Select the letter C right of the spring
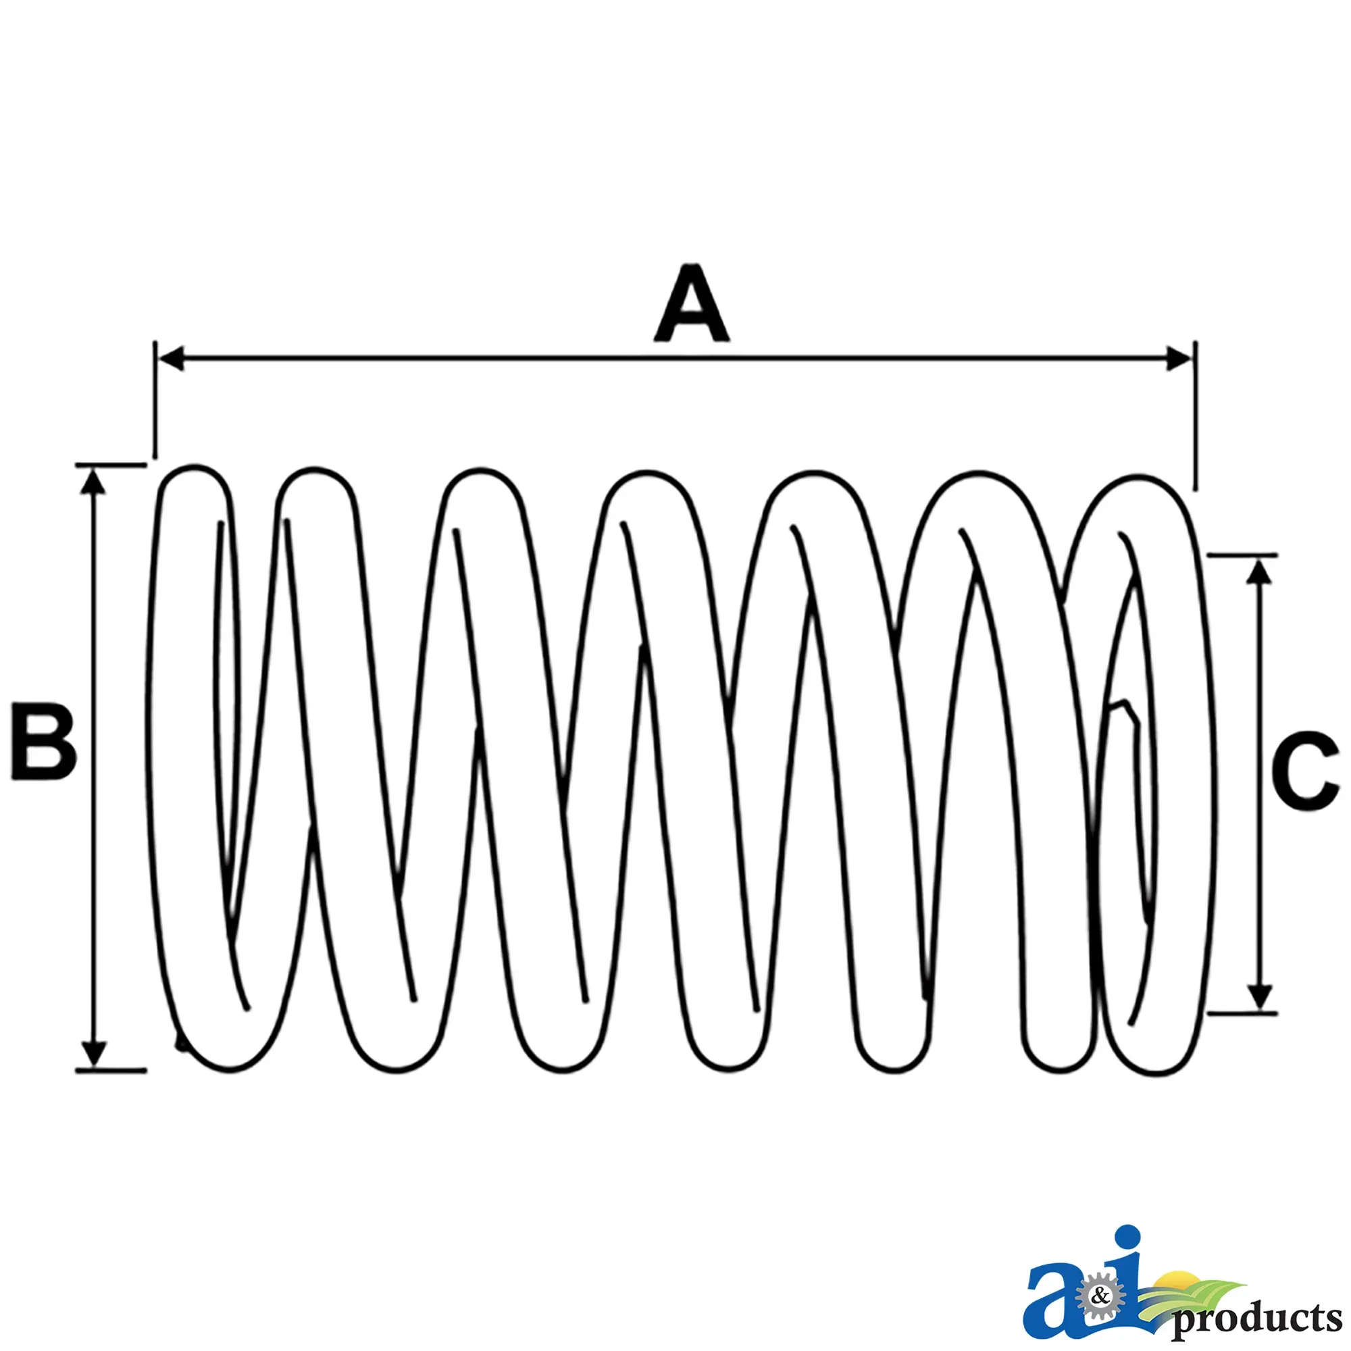pos(1305,771)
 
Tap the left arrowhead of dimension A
pos(172,359)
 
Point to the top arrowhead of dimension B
pos(93,480)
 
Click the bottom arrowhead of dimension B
pos(93,1054)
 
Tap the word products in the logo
pos(1256,1318)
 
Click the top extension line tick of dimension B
pos(111,464)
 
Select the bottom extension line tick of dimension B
pos(111,1070)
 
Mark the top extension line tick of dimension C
pos(1243,555)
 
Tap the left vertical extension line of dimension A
pos(155,400)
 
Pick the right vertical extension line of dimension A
pos(1195,416)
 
